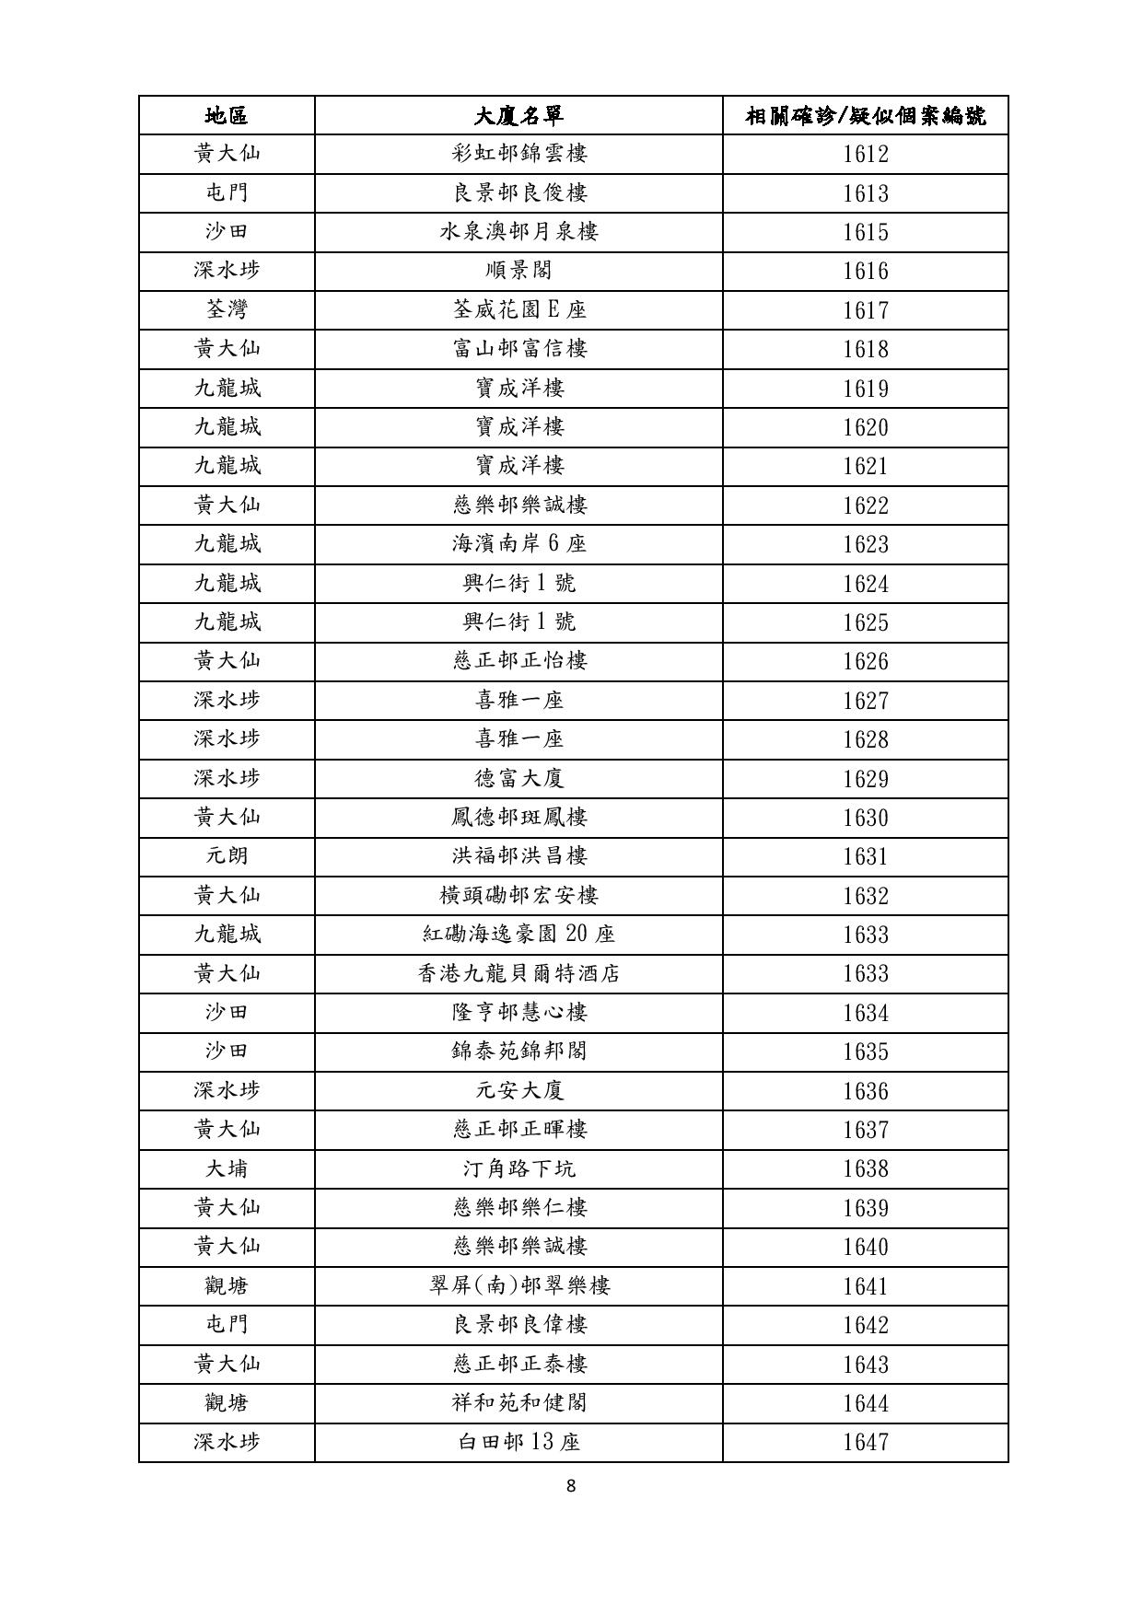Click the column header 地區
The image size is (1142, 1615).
point(227,115)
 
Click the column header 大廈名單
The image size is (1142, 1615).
point(519,115)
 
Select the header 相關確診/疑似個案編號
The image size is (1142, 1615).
point(865,115)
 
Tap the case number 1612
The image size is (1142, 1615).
point(866,154)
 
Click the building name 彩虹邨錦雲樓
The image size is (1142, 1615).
point(519,154)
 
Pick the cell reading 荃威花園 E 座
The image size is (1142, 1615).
point(519,309)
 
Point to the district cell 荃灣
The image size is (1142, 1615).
point(227,309)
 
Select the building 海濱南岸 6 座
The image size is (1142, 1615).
point(519,544)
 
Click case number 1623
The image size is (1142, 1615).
point(866,544)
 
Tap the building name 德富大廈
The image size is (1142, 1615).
point(519,778)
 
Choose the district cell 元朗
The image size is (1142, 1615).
point(227,856)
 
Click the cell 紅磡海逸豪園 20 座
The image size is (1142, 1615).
point(519,935)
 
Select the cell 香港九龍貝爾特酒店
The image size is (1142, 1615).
point(519,973)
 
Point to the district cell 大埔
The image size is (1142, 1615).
point(227,1168)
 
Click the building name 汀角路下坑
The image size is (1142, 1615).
point(519,1168)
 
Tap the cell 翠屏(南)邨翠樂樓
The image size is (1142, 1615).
point(519,1285)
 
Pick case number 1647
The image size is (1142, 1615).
point(866,1442)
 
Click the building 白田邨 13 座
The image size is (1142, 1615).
point(519,1442)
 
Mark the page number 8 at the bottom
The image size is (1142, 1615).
point(571,1485)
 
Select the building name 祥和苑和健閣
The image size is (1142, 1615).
point(519,1403)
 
